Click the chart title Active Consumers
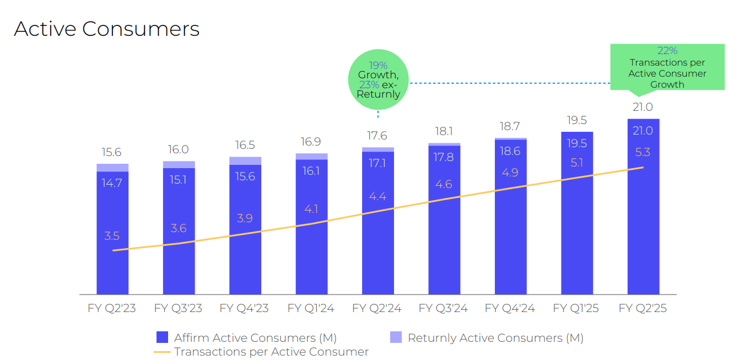(106, 29)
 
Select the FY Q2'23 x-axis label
(112, 308)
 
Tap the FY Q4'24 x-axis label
(510, 308)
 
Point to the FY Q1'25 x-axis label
(576, 308)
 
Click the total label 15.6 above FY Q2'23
(112, 153)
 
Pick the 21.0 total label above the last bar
(643, 107)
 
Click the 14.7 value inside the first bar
(112, 183)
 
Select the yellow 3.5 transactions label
(112, 236)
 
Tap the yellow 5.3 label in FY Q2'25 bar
(643, 153)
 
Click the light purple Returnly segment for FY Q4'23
(245, 160)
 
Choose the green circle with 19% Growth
(378, 80)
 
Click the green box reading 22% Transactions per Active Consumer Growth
(667, 67)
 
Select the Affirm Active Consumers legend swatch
(162, 337)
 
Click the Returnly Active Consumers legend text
(495, 338)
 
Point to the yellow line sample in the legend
(162, 352)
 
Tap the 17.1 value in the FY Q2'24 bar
(378, 163)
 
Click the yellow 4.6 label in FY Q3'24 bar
(444, 184)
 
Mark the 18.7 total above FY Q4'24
(510, 127)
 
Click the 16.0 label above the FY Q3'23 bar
(179, 150)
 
